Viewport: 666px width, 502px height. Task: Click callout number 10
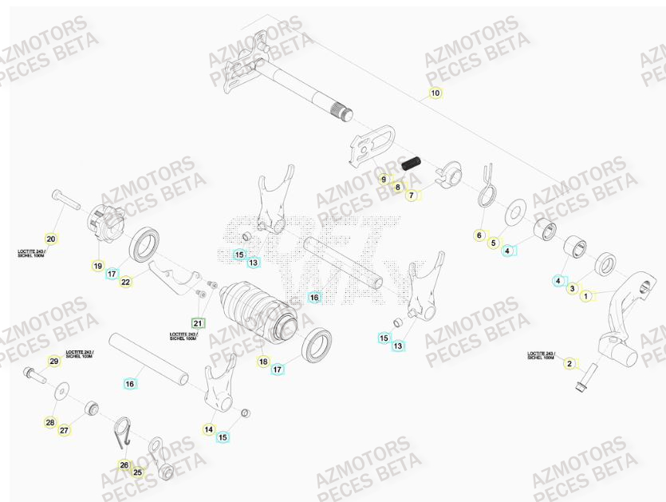(x=435, y=93)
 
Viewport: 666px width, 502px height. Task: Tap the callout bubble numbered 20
(x=50, y=239)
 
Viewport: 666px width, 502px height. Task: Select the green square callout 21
(x=197, y=323)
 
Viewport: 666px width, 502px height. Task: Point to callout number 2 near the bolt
(x=569, y=364)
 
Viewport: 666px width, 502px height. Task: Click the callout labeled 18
(x=263, y=362)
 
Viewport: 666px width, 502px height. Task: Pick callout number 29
(x=53, y=362)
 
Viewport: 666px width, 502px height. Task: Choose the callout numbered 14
(x=209, y=429)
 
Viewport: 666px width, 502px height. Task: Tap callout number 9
(x=384, y=179)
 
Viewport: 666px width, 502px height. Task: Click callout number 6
(x=479, y=235)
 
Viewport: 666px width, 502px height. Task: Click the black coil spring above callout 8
(x=410, y=164)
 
